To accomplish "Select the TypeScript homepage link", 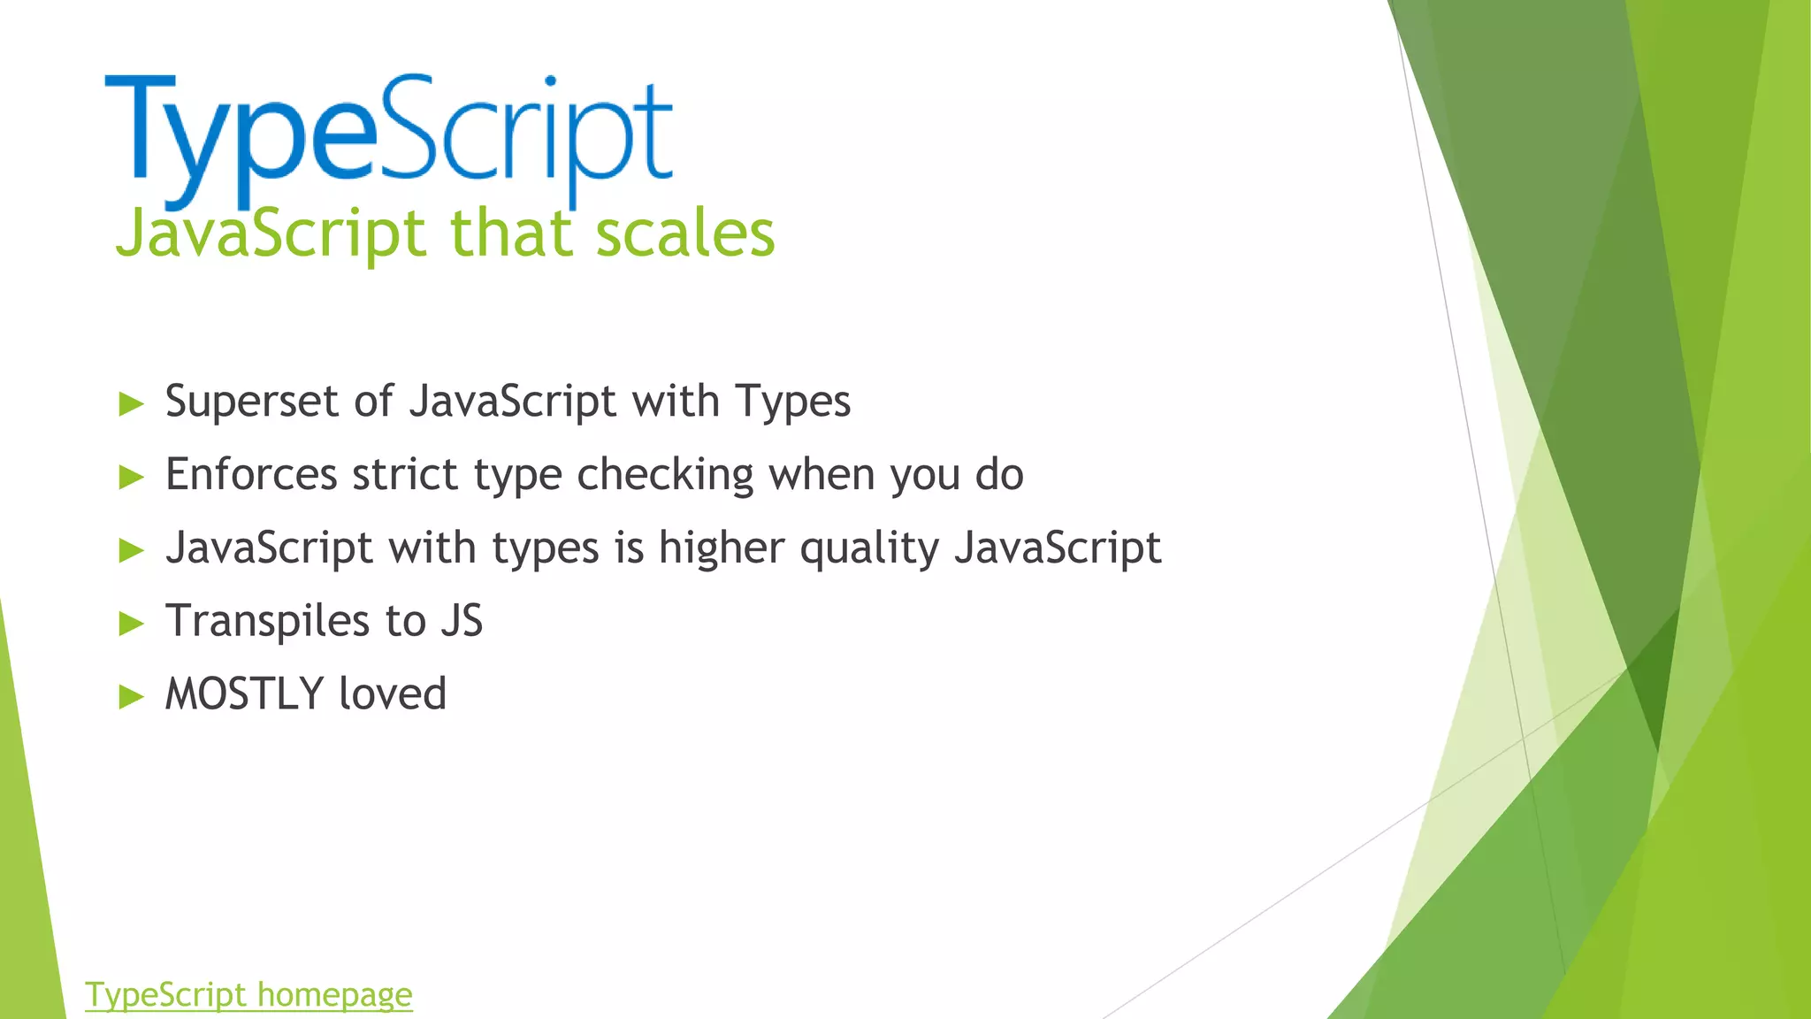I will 248,995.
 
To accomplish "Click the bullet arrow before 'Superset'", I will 131,404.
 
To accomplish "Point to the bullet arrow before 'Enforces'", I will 131,478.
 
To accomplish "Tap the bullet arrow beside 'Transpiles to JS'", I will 131,624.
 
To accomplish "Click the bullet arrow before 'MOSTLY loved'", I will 131,697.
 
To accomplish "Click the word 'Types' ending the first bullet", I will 792,402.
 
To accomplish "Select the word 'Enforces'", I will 251,475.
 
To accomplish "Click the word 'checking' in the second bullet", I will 665,475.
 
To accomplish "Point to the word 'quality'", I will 869,548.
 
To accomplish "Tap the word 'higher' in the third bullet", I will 722,548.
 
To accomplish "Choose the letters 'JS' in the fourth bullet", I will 462,621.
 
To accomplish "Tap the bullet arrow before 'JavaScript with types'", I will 131,550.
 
